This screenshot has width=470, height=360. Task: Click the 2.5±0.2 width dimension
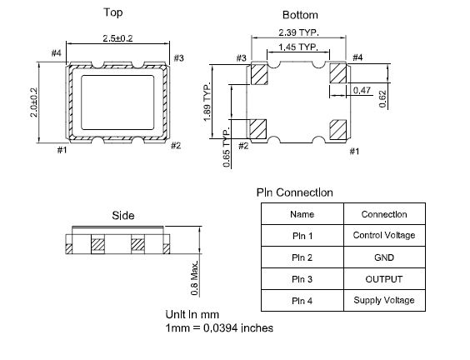click(x=117, y=38)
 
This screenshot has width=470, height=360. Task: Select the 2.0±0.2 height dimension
click(x=34, y=102)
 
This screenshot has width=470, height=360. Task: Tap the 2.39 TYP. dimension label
click(x=298, y=32)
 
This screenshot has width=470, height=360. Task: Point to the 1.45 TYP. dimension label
click(x=298, y=47)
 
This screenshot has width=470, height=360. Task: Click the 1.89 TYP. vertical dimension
click(x=207, y=102)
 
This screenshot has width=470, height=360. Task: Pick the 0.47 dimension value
click(x=362, y=90)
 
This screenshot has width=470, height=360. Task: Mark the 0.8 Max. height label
click(x=194, y=278)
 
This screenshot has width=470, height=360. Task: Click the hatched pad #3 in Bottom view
click(x=259, y=74)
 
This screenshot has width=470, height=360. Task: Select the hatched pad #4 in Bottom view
click(x=337, y=73)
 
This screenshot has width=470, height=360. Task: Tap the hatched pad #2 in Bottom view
click(x=258, y=129)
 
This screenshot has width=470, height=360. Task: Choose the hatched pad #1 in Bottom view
click(x=338, y=129)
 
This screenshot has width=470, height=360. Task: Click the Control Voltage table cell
click(x=384, y=235)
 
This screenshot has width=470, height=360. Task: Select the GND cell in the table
click(x=384, y=257)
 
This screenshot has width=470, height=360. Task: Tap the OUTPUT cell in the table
click(x=384, y=279)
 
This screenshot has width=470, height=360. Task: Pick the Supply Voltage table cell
click(x=384, y=300)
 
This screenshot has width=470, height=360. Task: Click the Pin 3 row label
click(x=302, y=279)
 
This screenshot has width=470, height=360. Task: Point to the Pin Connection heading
click(x=295, y=192)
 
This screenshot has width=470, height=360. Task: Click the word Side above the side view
click(x=123, y=216)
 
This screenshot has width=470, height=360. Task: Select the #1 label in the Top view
click(x=62, y=149)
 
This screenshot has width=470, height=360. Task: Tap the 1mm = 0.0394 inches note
click(x=219, y=328)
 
